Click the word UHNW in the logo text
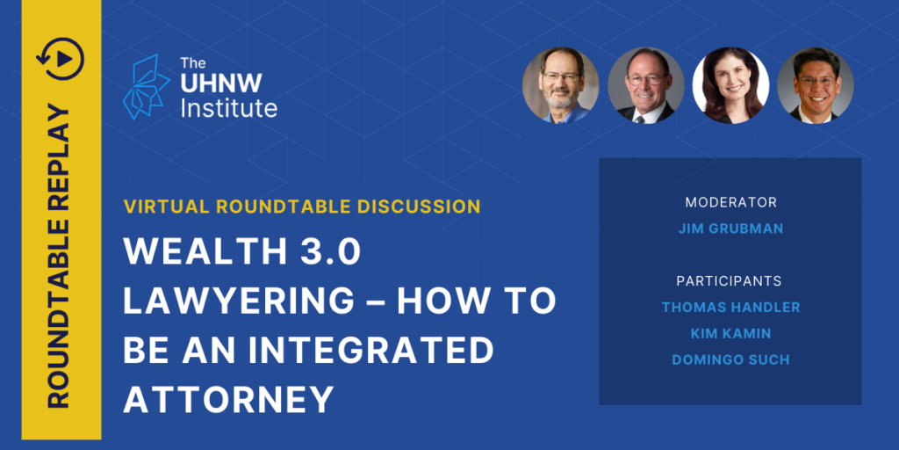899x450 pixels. (221, 83)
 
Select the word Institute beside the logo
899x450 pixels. (229, 108)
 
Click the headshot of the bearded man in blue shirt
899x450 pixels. (560, 85)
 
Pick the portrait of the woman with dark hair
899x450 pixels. (730, 85)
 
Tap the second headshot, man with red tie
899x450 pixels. (645, 85)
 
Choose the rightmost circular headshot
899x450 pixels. (815, 85)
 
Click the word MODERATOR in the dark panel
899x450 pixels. (730, 203)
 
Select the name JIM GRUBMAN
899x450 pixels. (730, 229)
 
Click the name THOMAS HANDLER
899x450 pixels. (730, 308)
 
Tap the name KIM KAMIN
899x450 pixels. (730, 333)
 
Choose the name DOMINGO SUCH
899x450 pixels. (730, 359)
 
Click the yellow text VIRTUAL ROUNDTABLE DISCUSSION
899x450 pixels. (302, 207)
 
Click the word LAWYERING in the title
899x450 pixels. (238, 301)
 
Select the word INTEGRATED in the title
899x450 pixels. (371, 350)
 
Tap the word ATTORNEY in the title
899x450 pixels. (229, 399)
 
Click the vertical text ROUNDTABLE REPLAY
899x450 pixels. (61, 257)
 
